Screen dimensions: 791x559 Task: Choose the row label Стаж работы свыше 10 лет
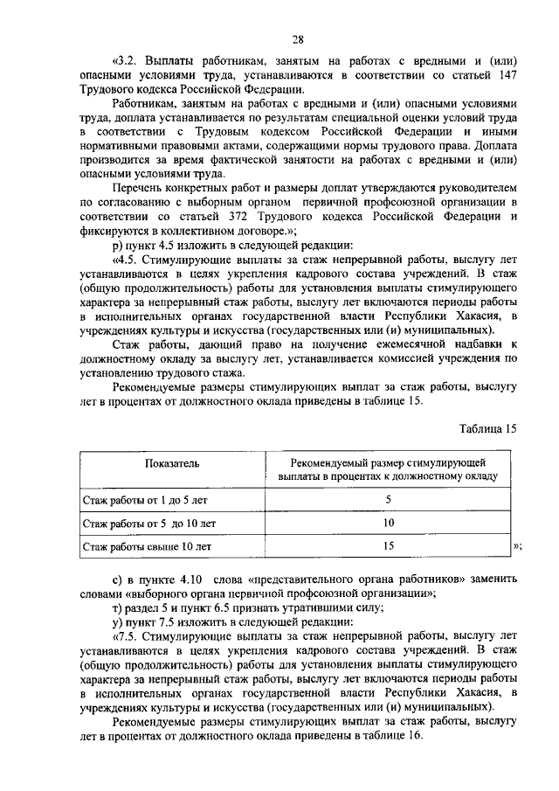[x=147, y=547]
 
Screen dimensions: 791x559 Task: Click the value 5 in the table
[x=388, y=499]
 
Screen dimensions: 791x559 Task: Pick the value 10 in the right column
[x=388, y=523]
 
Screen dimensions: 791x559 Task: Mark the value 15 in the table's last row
[x=388, y=546]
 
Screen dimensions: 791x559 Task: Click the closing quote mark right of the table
[x=518, y=547]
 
